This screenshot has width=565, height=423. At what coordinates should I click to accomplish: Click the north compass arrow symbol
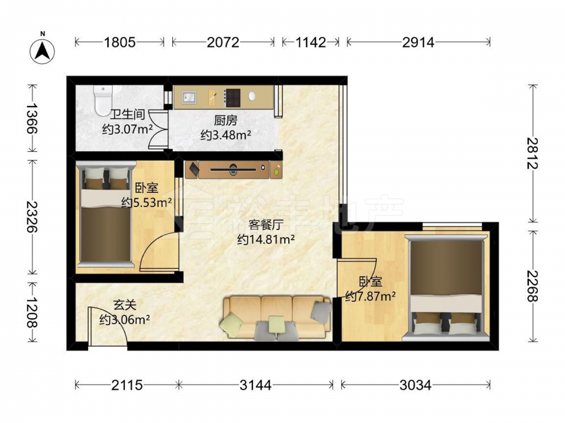(42, 51)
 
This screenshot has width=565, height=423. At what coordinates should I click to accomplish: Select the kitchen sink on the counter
(189, 97)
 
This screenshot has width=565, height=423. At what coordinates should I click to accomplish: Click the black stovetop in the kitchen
(232, 98)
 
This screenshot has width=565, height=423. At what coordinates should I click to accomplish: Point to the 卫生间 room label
(128, 114)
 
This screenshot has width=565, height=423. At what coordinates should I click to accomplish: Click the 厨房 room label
(225, 120)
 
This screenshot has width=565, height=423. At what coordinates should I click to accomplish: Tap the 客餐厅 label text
(266, 225)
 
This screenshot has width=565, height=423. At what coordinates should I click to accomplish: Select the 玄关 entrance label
(125, 305)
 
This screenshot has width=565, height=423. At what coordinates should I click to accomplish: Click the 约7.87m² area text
(371, 296)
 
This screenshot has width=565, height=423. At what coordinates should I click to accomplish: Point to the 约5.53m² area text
(146, 202)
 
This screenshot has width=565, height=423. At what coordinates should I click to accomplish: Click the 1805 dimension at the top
(120, 42)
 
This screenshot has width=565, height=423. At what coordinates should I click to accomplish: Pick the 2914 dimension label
(418, 42)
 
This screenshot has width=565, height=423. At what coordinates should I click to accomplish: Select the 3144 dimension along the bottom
(255, 385)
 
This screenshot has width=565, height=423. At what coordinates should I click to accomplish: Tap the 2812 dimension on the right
(533, 153)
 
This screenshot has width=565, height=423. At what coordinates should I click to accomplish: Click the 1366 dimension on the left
(32, 118)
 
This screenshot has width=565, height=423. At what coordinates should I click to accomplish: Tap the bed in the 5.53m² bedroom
(105, 214)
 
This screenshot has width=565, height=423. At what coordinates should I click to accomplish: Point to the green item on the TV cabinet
(276, 171)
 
